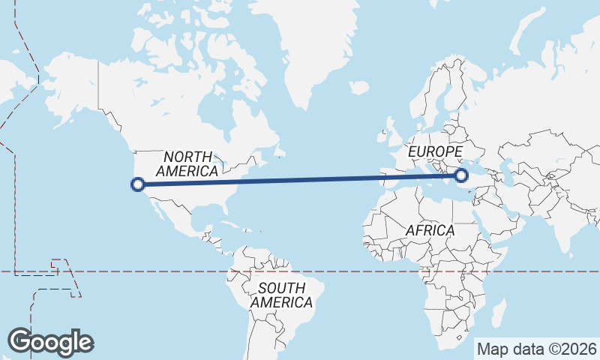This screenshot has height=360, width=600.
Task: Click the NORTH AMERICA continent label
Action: (191, 163)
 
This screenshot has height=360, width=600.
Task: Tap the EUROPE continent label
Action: (435, 152)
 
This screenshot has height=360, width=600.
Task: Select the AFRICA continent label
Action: (430, 230)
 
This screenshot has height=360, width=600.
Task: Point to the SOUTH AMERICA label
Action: (281, 295)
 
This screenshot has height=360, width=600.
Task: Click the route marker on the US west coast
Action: (137, 183)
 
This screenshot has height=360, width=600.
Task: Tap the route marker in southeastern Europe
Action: (461, 175)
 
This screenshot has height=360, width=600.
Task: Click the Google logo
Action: (50, 341)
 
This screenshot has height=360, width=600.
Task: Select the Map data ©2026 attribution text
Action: (536, 349)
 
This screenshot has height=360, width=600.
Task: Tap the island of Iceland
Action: (359, 88)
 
